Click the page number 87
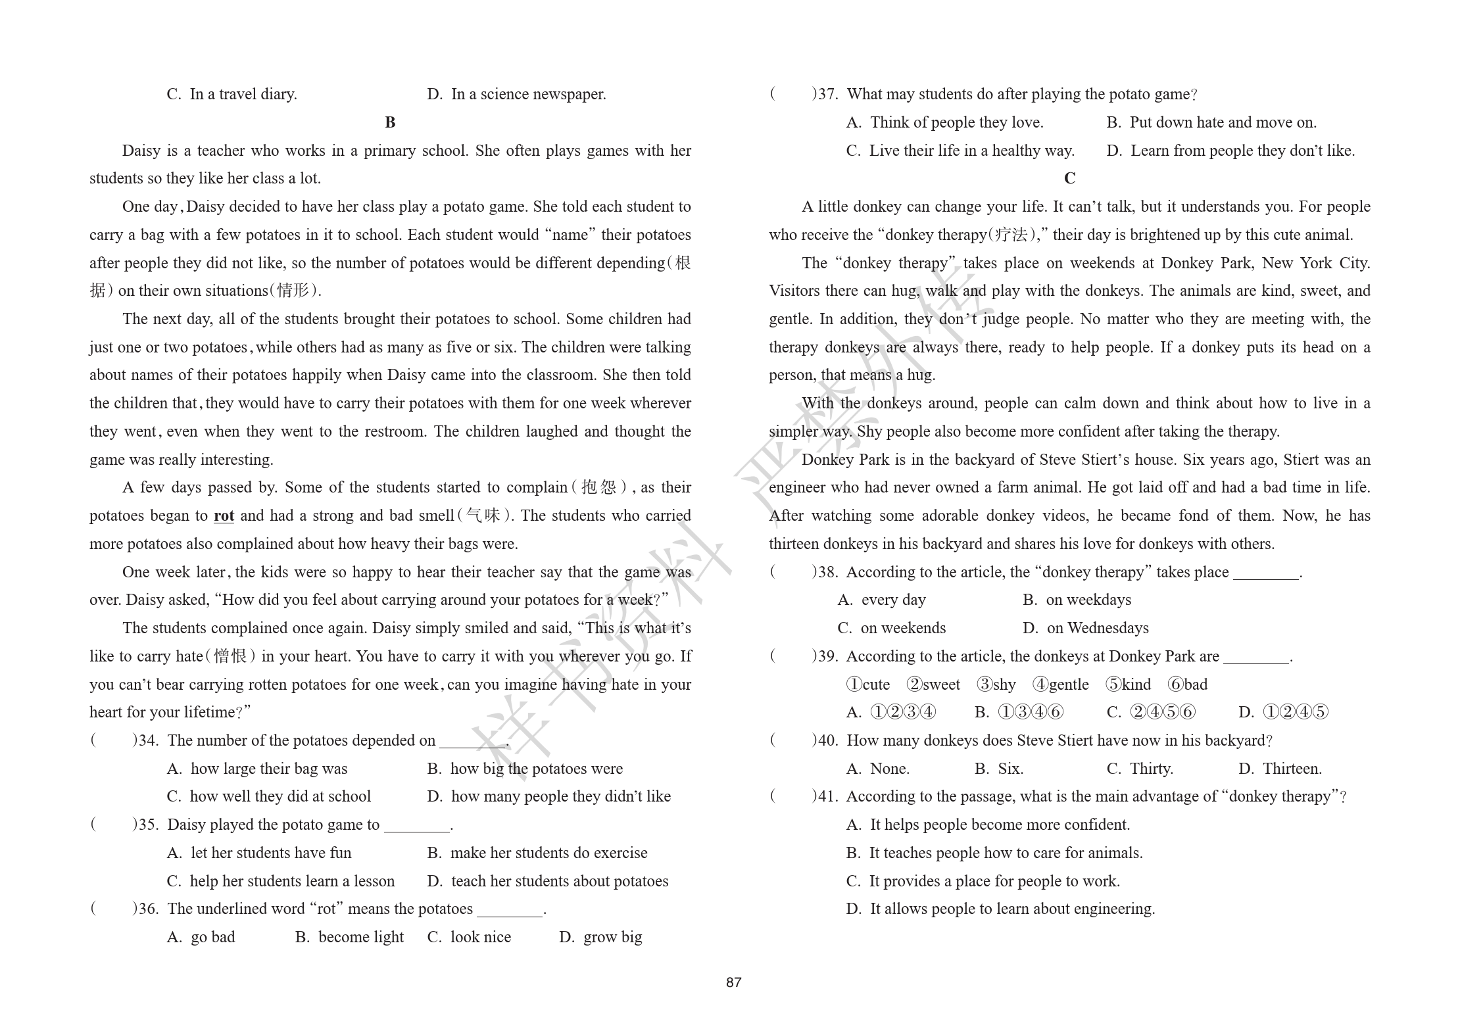tap(733, 982)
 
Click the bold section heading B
tap(390, 122)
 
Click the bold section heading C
tap(1069, 178)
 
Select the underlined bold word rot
tap(224, 516)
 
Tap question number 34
tap(148, 740)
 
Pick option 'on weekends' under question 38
tap(902, 628)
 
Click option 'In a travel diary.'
tap(243, 94)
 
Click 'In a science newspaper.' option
tap(528, 94)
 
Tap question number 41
tap(827, 796)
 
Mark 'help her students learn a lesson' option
tap(292, 881)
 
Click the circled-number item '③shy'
tap(996, 685)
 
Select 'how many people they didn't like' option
tap(560, 796)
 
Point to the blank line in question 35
tap(416, 826)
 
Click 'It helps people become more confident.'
tap(1000, 825)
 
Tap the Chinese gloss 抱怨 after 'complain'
tap(599, 487)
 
